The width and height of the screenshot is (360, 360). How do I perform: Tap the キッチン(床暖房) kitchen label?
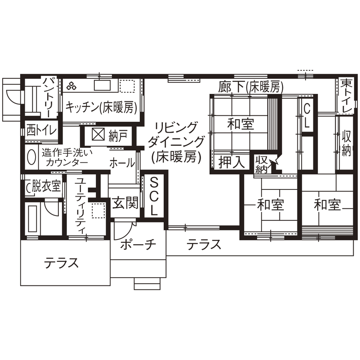101,108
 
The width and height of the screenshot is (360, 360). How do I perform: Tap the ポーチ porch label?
137,245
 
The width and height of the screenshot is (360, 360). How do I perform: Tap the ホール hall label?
122,163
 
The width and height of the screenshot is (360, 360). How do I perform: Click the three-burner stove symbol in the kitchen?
71,86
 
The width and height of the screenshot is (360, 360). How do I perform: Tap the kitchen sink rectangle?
103,85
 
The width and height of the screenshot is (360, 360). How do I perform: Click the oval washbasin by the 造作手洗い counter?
31,157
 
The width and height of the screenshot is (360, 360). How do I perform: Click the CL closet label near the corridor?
307,116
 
